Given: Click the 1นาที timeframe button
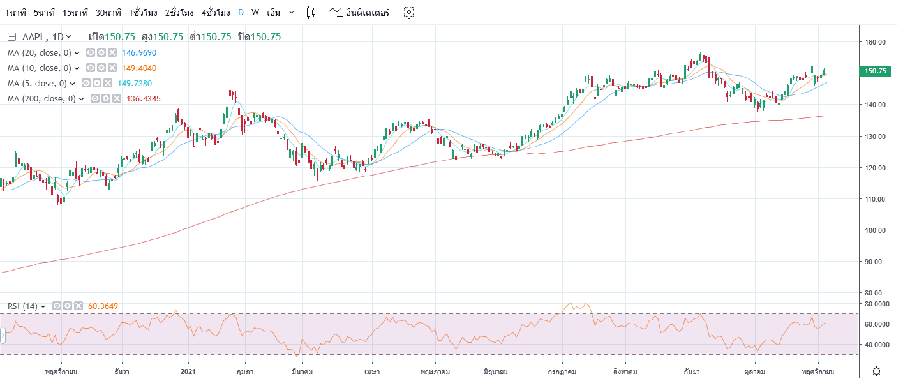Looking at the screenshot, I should [x=15, y=12].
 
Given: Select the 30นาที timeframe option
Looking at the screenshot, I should [x=108, y=12].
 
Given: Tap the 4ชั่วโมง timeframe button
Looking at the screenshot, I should [x=216, y=12].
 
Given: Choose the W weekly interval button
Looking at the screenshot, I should [x=255, y=12].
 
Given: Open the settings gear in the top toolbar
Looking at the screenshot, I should [x=409, y=12].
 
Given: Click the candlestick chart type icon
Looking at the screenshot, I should [x=311, y=12].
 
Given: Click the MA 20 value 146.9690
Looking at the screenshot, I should [x=139, y=52].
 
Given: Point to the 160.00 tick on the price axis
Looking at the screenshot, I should [x=876, y=42].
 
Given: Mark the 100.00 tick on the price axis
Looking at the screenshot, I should [x=876, y=230].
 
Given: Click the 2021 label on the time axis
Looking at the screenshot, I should [x=188, y=370].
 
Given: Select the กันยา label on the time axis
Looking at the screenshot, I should [x=689, y=370].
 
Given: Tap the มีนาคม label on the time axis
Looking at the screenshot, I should [x=302, y=370].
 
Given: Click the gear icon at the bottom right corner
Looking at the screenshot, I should [x=877, y=371].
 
